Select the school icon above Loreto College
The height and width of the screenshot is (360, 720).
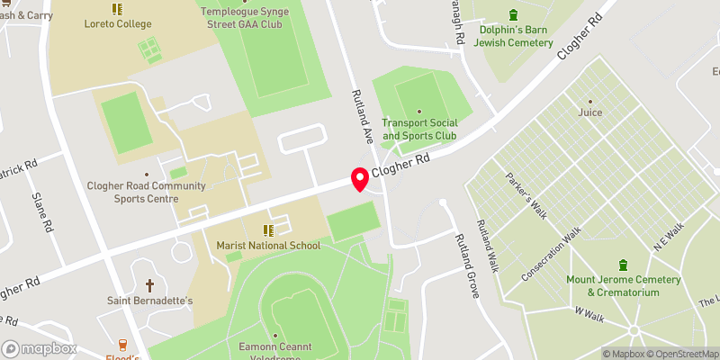point(116,9)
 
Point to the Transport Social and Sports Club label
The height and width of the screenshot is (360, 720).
point(419,130)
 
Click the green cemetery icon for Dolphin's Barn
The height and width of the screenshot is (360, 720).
point(514,14)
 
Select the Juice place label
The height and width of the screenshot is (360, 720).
point(590,112)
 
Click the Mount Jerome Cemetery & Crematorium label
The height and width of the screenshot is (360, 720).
point(624,285)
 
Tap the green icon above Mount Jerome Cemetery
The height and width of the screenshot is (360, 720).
point(624,265)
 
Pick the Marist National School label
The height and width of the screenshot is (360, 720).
point(268,246)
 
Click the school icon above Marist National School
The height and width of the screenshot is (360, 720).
point(267,229)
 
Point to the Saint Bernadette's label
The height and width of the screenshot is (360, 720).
point(150,301)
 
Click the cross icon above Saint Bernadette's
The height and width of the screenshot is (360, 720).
point(150,284)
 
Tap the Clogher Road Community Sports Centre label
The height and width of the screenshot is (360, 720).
point(146,192)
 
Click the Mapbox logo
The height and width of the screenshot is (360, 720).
point(39,348)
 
